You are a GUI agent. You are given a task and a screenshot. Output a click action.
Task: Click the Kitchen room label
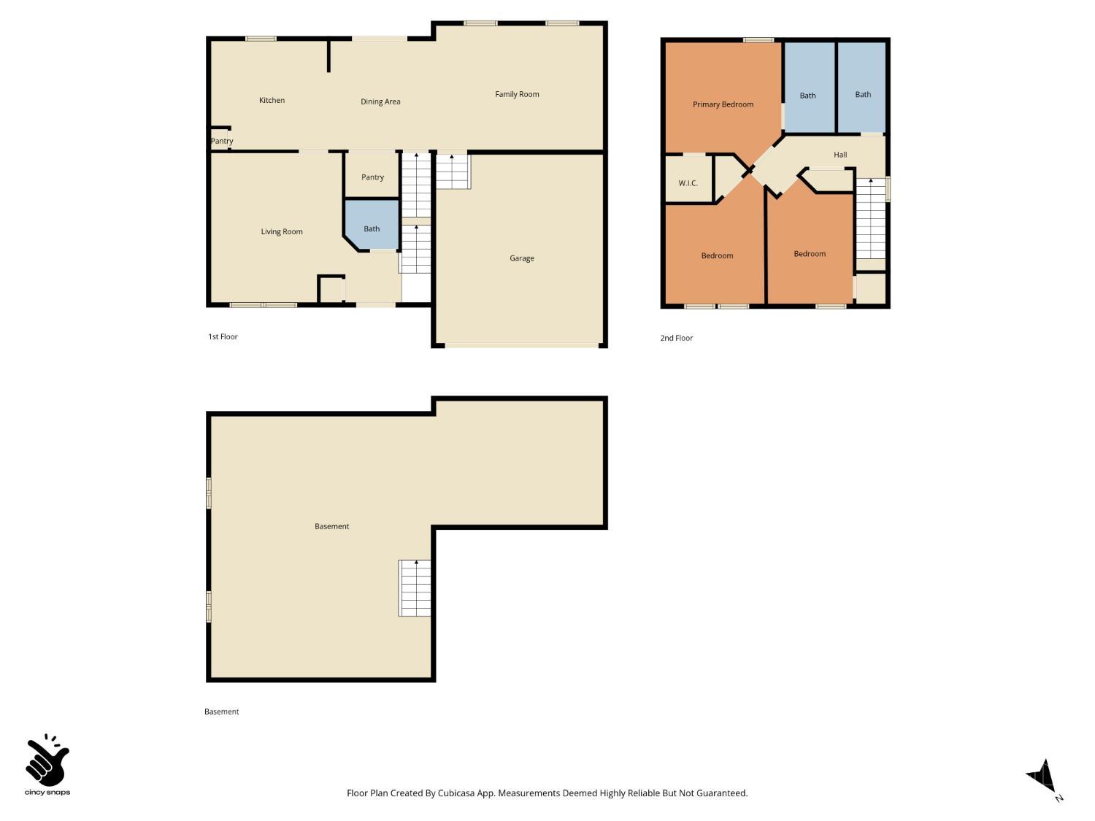[272, 101]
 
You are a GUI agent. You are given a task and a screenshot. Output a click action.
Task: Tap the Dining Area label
[380, 102]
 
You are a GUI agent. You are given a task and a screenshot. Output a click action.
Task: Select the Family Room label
[517, 94]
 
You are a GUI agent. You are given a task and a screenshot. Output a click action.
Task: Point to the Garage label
[522, 258]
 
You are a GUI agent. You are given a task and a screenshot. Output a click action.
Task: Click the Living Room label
[282, 232]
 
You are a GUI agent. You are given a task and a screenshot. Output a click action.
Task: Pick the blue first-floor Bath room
[372, 228]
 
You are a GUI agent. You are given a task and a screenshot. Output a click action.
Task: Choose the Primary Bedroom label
[723, 104]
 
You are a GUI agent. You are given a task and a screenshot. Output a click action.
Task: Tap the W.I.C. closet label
[688, 183]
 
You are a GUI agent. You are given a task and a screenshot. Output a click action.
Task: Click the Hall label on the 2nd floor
[840, 155]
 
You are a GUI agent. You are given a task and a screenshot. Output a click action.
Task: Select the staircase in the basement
[415, 588]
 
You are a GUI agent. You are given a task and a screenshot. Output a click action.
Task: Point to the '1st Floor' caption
[223, 337]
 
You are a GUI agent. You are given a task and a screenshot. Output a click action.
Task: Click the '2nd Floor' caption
[677, 339]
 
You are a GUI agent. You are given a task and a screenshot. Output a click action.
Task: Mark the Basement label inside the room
[331, 527]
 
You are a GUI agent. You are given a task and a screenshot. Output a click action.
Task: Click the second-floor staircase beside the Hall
[870, 219]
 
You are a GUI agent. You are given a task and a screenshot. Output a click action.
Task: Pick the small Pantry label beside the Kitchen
[222, 142]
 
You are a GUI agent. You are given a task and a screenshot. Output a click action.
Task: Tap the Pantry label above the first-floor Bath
[372, 177]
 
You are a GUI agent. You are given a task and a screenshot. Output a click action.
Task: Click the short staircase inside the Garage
[453, 171]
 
